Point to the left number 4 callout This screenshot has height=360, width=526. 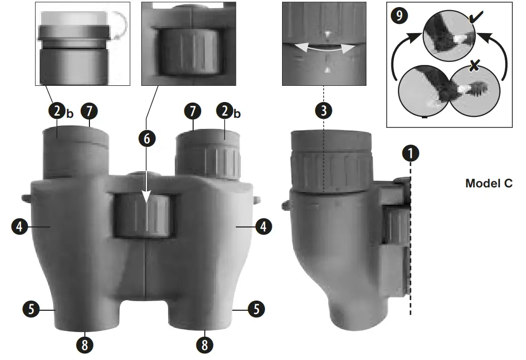[19, 226]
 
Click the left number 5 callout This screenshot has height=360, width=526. [31, 308]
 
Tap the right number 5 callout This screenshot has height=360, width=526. [256, 308]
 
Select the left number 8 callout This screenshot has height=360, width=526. [85, 345]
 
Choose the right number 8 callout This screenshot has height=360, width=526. [204, 345]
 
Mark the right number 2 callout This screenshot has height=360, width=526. [224, 111]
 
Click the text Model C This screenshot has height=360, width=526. [488, 183]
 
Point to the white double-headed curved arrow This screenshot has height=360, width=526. [323, 48]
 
